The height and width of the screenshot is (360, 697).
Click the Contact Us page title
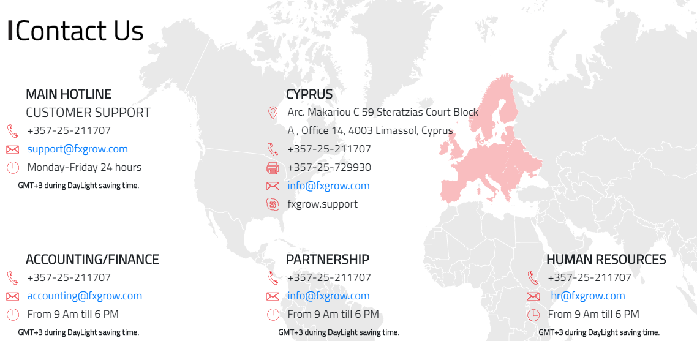[80, 31]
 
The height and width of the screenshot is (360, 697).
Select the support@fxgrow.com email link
[77, 149]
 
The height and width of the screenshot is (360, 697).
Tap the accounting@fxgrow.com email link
[85, 296]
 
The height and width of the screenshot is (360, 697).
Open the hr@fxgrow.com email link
[588, 296]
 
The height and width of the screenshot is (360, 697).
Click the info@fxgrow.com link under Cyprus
[328, 186]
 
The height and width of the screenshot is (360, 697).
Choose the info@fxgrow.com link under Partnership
[328, 296]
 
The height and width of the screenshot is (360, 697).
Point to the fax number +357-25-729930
[329, 167]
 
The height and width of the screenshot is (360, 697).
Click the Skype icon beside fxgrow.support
[273, 204]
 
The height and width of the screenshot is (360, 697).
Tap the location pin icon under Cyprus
[273, 113]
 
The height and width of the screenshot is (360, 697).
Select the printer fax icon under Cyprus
[273, 168]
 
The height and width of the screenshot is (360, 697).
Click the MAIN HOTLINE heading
[69, 94]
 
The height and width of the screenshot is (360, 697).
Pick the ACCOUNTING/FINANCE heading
[92, 260]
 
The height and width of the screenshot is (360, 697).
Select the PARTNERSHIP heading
[328, 260]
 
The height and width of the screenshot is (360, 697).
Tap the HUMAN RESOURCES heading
[606, 260]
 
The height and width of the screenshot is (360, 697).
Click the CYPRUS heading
[309, 94]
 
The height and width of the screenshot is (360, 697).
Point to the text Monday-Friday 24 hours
[85, 167]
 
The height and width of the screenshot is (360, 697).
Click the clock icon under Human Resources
[533, 315]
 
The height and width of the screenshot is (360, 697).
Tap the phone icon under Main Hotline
[13, 131]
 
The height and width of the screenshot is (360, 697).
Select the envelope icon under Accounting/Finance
[13, 296]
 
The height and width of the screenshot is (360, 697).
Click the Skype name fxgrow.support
[322, 204]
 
